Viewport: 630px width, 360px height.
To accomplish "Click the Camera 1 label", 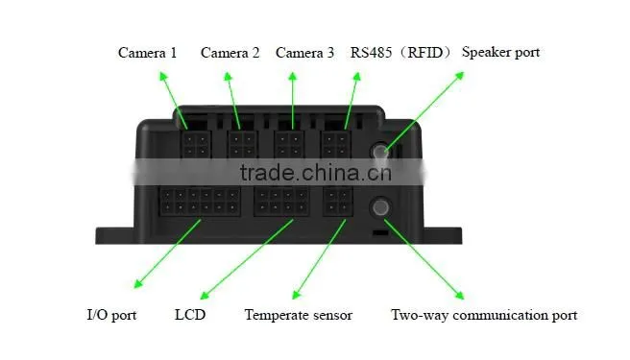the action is (148, 53).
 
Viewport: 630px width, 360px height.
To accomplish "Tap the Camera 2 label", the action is (230, 53).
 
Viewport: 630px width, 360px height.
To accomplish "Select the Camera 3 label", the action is (304, 53).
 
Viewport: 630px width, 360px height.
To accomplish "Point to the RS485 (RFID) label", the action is (400, 52).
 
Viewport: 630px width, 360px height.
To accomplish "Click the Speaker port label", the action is (500, 52).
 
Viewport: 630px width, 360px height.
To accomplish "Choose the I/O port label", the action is (111, 315).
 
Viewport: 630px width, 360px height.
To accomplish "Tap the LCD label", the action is (190, 315).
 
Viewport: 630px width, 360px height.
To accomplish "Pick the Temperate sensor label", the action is (299, 315).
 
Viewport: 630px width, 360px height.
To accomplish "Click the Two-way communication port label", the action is (484, 315).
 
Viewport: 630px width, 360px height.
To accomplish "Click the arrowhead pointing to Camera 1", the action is (162, 77).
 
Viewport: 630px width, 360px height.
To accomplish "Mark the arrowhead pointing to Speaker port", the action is (459, 76).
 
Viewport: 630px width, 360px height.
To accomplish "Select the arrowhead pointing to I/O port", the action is (138, 283).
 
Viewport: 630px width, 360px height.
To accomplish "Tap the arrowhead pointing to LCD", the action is (205, 295).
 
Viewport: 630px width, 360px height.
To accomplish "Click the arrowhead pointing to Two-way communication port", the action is (460, 295).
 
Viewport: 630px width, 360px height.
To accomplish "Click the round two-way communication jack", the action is (380, 207).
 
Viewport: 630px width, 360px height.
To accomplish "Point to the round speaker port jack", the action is (379, 151).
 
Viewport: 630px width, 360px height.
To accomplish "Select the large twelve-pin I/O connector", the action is (200, 202).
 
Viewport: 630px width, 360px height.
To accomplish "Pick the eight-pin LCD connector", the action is (281, 202).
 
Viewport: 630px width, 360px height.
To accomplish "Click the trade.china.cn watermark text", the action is (315, 173).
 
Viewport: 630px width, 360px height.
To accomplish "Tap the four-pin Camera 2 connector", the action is (242, 145).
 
